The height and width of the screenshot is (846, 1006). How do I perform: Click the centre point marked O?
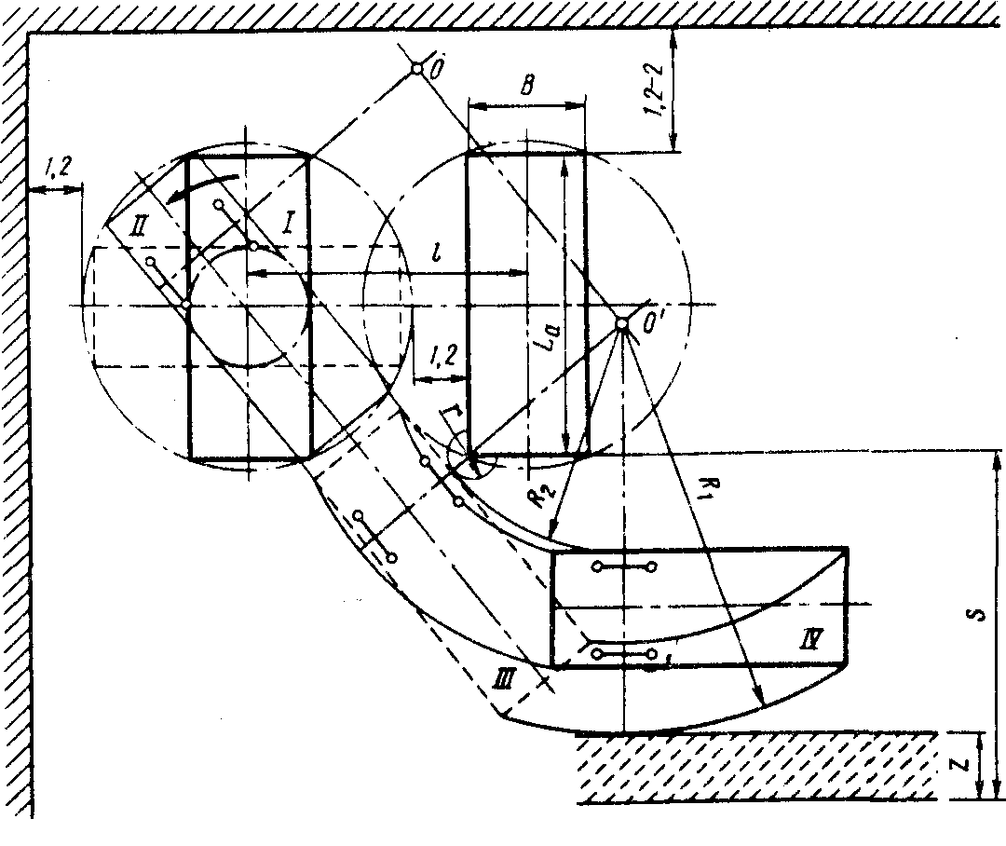[x=416, y=68]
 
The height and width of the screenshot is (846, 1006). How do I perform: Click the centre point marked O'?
[x=622, y=323]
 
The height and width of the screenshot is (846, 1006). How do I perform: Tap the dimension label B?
[x=526, y=87]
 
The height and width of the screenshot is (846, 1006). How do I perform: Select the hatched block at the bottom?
[x=754, y=768]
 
